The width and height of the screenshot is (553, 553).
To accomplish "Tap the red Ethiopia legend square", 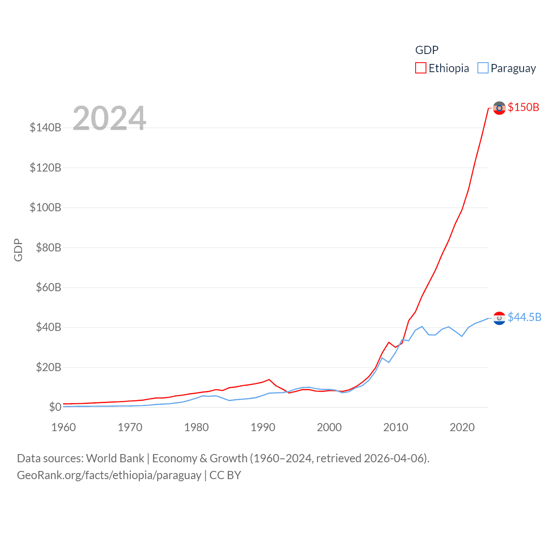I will tap(420, 68).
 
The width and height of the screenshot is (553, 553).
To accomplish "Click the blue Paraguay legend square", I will tap(483, 68).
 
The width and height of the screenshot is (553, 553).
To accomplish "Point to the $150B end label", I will tap(523, 107).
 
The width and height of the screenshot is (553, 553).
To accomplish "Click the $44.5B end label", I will tap(524, 317).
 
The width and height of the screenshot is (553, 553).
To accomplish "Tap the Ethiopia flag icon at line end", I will tap(499, 108).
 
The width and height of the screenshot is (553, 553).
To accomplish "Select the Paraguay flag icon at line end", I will tap(499, 318).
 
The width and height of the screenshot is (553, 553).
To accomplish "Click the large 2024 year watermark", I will tap(109, 118).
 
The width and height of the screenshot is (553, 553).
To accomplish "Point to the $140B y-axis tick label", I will tap(45, 127).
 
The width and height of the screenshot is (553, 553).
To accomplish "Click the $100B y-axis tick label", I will tap(45, 207).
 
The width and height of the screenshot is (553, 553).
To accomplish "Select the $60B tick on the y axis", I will tap(48, 287).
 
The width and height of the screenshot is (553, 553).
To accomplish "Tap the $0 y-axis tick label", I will tap(55, 407).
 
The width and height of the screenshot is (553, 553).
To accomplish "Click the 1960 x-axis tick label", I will tap(64, 427).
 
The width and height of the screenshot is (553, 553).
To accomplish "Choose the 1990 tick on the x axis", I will tap(263, 427).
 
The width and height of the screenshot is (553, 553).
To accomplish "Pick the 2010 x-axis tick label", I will tap(396, 427).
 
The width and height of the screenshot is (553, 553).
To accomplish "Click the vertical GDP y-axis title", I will tap(18, 250).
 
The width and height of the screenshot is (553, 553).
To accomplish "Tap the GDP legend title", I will tap(427, 50).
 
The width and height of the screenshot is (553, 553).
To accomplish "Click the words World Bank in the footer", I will tap(115, 458).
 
